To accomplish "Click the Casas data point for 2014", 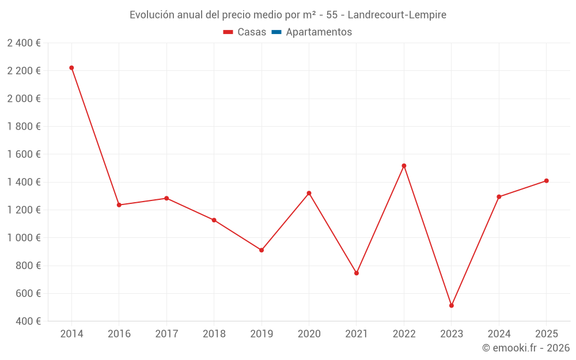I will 71,68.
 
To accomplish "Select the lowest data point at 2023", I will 452,305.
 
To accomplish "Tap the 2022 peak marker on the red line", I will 404,166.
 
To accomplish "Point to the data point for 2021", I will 357,273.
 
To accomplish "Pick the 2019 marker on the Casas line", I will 262,250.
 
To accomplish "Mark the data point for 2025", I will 547,181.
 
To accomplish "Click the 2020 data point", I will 309,193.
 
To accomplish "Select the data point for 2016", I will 119,205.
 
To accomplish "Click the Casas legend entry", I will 245,32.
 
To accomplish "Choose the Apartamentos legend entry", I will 312,32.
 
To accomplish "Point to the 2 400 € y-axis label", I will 24,43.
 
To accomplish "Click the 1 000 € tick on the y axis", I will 24,238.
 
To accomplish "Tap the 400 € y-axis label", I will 28,321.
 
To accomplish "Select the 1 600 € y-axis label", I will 24,154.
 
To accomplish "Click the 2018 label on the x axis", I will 214,334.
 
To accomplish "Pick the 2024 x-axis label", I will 499,334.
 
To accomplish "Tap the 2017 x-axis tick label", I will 166,334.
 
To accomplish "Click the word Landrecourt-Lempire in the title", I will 397,15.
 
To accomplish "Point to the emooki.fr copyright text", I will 526,348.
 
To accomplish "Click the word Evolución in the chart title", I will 151,15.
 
